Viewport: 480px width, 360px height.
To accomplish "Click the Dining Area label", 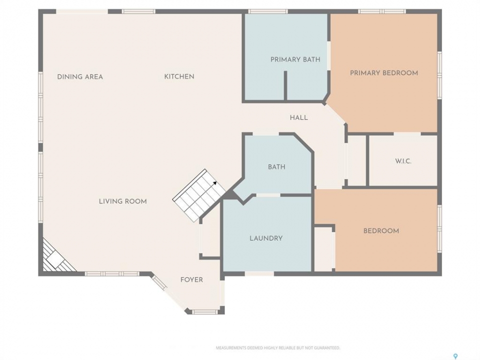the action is tap(80, 76).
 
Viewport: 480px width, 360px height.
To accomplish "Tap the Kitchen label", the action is tap(179, 76).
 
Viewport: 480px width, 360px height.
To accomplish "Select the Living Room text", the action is tap(123, 201).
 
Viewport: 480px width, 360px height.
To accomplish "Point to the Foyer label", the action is tap(191, 280).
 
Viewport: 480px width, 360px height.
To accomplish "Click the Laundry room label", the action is tap(266, 238).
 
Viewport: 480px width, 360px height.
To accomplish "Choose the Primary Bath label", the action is tap(295, 59).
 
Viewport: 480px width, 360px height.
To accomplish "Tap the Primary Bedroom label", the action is tap(384, 73).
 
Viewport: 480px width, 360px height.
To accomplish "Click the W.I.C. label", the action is tap(403, 161).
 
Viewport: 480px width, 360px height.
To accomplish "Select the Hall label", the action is tap(299, 117).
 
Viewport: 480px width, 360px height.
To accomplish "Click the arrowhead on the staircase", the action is tap(215, 183).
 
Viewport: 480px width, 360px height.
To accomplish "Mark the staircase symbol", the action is tap(199, 195).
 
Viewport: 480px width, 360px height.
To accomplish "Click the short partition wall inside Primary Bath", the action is tap(285, 85).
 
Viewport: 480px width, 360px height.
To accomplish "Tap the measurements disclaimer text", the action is tap(278, 348).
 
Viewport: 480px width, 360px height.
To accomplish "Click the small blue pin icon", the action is tap(455, 356).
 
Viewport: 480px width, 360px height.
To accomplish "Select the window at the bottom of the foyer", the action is tap(204, 312).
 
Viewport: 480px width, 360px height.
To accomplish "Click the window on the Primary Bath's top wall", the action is tap(268, 11).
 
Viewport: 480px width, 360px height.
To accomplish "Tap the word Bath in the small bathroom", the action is tap(276, 167).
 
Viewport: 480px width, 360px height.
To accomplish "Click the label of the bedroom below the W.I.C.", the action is tap(381, 231).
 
